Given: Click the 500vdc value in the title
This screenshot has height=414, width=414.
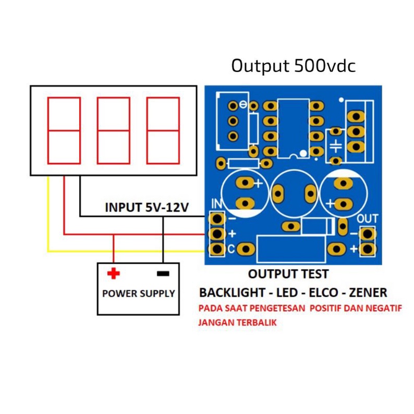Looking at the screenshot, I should click(x=325, y=67).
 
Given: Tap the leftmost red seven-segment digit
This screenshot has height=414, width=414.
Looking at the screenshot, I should click(x=64, y=130).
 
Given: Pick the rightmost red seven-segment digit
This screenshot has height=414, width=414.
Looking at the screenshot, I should click(x=163, y=130).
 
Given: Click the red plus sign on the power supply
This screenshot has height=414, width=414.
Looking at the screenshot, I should click(x=113, y=273).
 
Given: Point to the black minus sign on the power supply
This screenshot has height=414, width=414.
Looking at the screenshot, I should click(x=163, y=273).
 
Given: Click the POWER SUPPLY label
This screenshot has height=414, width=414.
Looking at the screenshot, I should click(x=138, y=294).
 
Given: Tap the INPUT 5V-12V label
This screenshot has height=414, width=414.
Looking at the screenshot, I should click(x=147, y=207).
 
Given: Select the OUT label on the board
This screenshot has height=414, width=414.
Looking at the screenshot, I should click(x=369, y=219).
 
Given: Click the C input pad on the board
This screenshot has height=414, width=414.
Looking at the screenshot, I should click(x=217, y=249).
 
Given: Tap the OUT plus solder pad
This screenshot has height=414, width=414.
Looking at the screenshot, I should click(x=368, y=249).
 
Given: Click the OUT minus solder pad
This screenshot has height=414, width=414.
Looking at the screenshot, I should click(x=368, y=233).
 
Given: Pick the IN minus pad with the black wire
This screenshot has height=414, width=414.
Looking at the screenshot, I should click(x=217, y=218).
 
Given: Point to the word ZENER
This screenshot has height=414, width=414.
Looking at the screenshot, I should click(x=367, y=291).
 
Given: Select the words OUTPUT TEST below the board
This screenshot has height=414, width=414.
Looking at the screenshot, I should click(x=288, y=274).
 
